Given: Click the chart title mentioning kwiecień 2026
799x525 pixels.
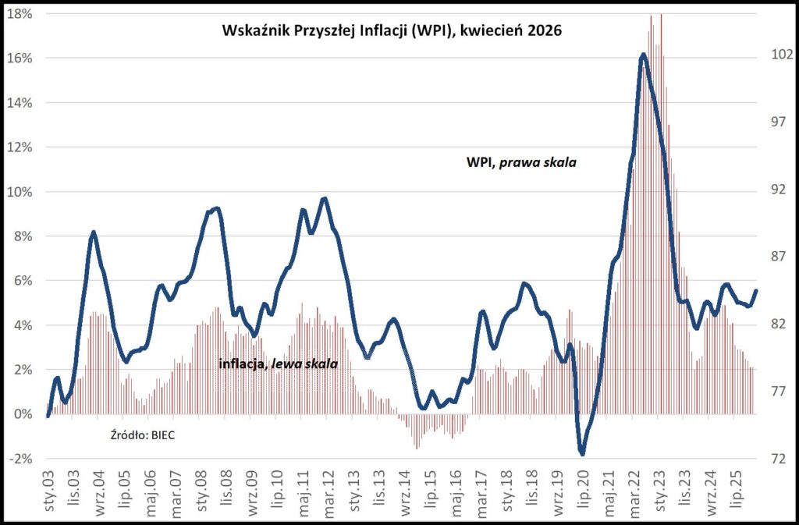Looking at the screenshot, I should click(392, 32).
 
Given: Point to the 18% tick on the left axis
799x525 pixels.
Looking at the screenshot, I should click(20, 14).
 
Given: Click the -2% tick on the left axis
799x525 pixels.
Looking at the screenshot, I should click(20, 459).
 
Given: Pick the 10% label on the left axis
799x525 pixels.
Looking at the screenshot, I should click(20, 192).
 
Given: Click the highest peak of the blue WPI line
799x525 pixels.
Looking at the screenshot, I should click(642, 55).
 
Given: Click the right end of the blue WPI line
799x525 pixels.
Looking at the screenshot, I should click(755, 291).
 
